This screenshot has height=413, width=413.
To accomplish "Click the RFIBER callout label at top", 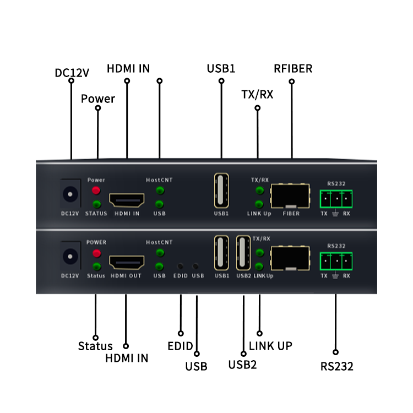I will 293,68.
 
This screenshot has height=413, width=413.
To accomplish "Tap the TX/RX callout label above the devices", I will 257,94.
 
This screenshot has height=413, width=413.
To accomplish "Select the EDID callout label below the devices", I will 180,346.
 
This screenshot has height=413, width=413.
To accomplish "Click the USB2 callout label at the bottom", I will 242,364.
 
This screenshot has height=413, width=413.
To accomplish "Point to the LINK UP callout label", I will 270,346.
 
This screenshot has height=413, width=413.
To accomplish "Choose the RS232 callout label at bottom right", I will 336,366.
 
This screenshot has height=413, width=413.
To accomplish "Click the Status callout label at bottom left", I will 95,346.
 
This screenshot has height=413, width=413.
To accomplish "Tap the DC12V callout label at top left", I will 72,73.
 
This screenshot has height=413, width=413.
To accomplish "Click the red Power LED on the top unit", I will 96,191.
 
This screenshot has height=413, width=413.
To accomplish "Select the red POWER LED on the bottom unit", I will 96,253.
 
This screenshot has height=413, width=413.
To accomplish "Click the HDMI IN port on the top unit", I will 127,199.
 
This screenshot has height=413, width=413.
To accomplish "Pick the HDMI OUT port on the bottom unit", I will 127,262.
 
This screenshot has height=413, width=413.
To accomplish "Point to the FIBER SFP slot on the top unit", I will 290,195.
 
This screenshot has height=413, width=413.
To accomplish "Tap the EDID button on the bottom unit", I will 180,266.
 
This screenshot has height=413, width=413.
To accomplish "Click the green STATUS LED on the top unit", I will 96,204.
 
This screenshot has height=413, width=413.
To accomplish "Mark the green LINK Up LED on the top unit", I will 259,204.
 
